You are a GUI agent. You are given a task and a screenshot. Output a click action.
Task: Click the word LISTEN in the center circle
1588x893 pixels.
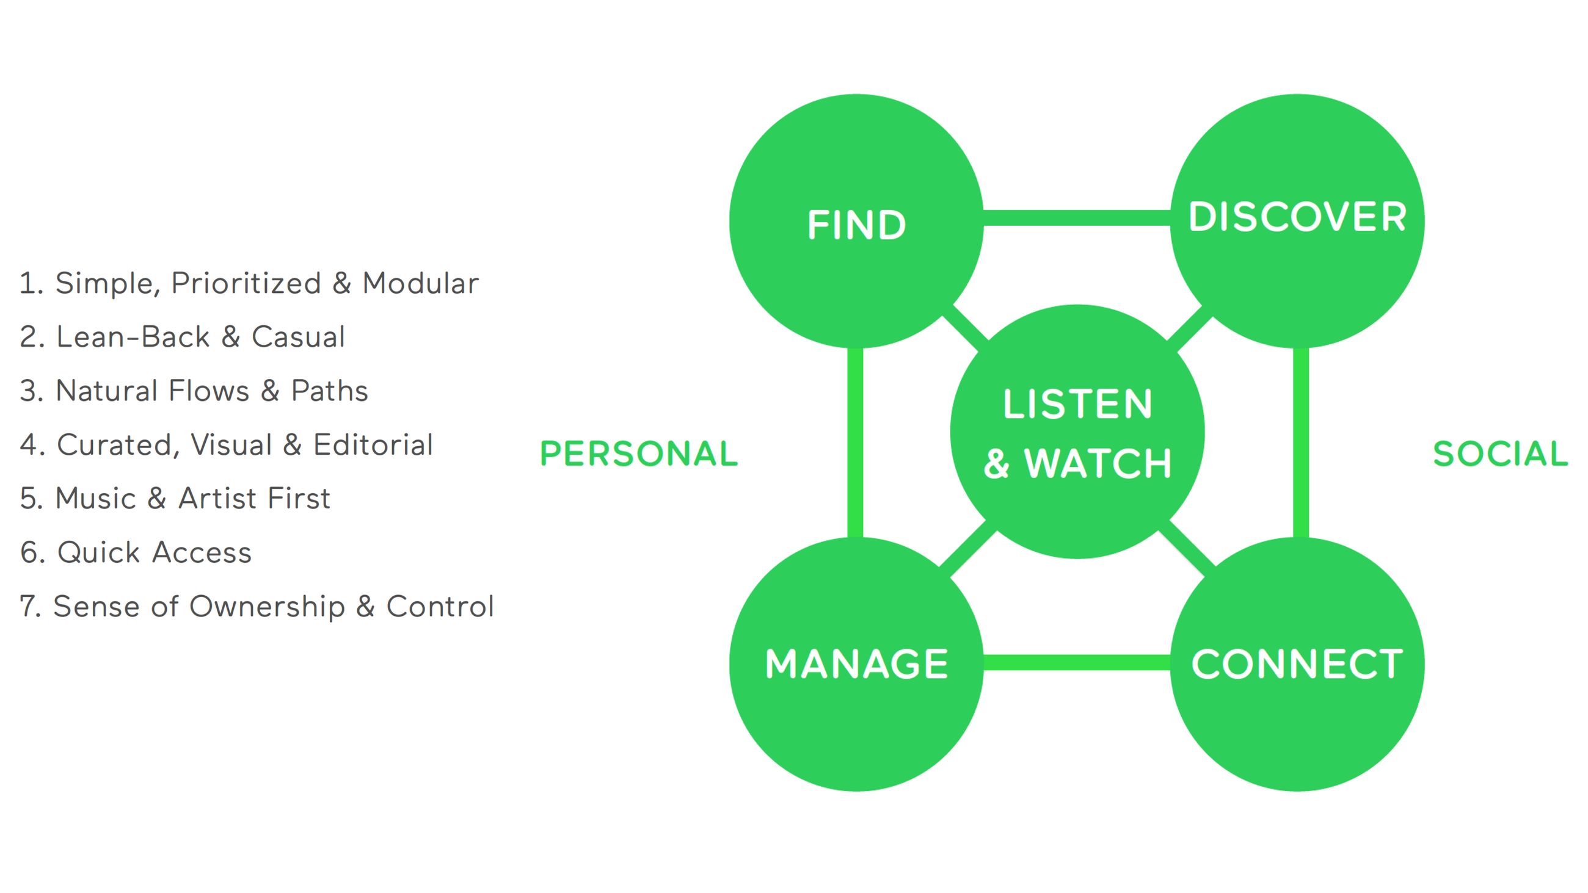pyautogui.click(x=1077, y=404)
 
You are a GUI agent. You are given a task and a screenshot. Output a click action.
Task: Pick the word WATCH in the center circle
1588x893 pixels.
pyautogui.click(x=1098, y=463)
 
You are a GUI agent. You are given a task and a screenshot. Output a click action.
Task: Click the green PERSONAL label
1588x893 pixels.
pyautogui.click(x=639, y=454)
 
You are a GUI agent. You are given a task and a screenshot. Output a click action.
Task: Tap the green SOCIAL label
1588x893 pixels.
pyautogui.click(x=1500, y=454)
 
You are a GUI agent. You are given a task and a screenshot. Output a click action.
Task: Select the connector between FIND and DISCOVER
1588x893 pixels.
pyautogui.click(x=1076, y=217)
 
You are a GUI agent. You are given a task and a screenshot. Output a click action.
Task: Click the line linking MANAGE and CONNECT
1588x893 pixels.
pyautogui.click(x=1076, y=662)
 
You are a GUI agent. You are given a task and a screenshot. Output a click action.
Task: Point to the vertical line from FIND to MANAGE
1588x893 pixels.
pyautogui.click(x=855, y=443)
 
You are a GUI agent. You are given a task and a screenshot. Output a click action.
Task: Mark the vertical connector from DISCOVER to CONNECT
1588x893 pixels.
pyautogui.click(x=1300, y=443)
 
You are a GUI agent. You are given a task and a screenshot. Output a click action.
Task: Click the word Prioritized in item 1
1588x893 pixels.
pyautogui.click(x=246, y=283)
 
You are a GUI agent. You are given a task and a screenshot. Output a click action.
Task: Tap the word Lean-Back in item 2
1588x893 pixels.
pyautogui.click(x=133, y=337)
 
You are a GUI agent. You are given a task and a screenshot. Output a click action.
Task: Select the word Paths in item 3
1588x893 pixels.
pyautogui.click(x=329, y=391)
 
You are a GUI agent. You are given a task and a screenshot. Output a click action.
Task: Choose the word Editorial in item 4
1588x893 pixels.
pyautogui.click(x=373, y=445)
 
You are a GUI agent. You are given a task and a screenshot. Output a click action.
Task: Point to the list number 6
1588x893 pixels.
pyautogui.click(x=31, y=553)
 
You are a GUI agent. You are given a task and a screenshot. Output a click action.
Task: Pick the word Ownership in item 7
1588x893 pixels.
pyautogui.click(x=267, y=607)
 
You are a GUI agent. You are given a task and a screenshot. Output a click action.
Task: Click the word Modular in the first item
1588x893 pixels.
pyautogui.click(x=420, y=283)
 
